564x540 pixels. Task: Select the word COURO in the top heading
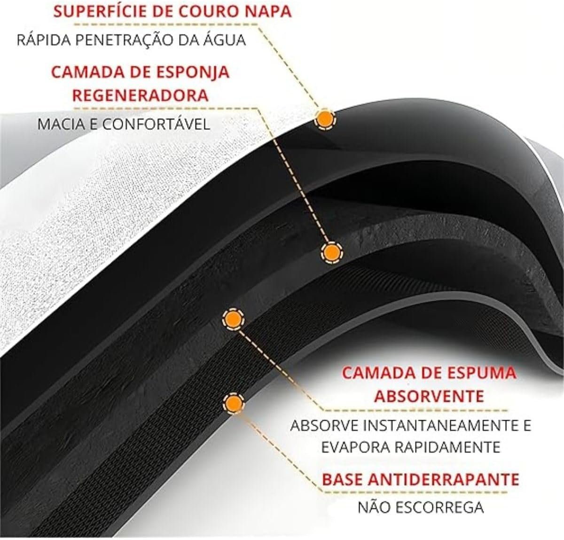coord(214,12)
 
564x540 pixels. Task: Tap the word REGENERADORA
coord(140,95)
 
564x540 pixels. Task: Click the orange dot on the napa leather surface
coord(325,119)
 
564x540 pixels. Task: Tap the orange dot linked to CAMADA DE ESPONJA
coord(332,252)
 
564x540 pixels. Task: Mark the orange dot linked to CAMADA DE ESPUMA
coord(234,320)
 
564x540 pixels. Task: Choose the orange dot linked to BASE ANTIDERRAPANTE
coord(234,403)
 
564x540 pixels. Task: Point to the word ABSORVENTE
coord(429,396)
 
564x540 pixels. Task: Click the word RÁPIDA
coord(44,40)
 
